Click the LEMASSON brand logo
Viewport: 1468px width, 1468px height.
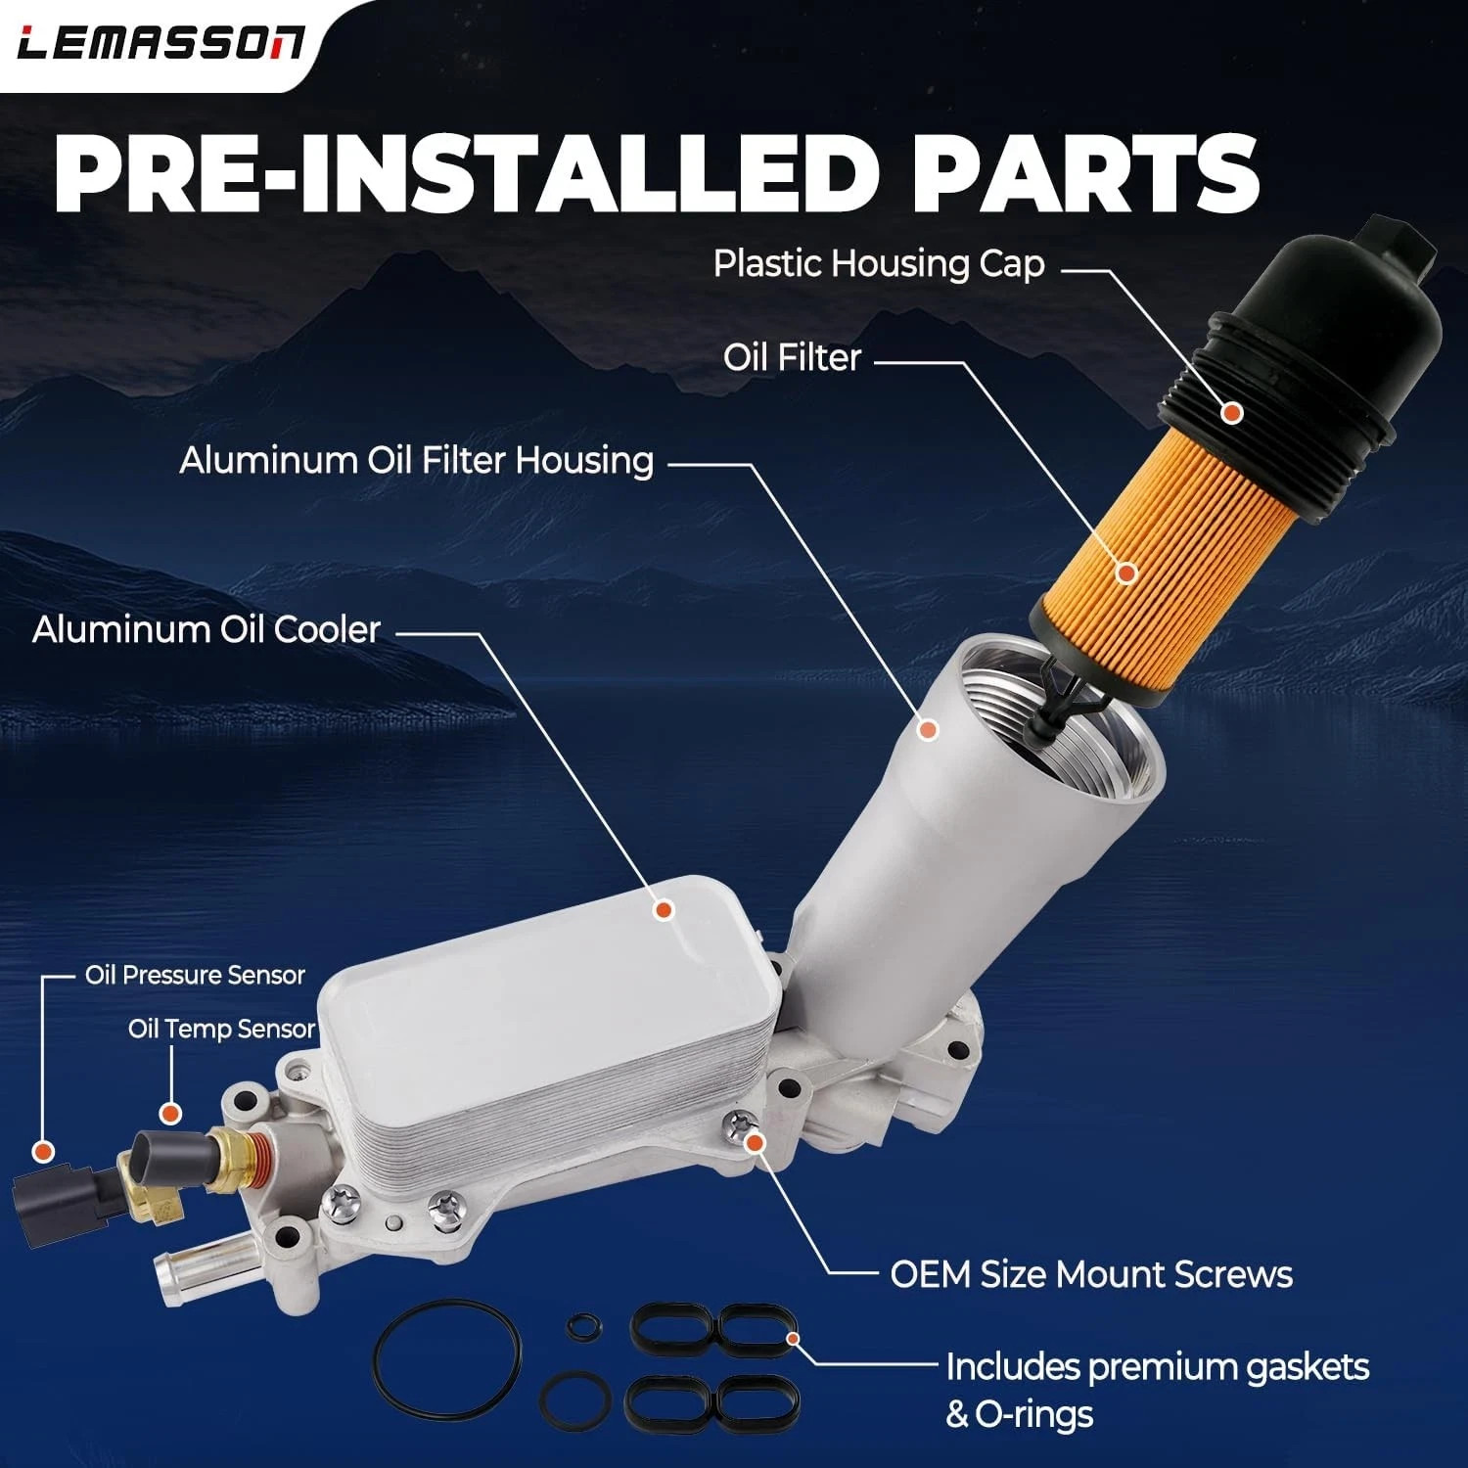[x=161, y=43]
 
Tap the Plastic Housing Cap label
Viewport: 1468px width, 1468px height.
[x=879, y=264]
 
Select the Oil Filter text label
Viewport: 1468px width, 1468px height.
[x=792, y=357]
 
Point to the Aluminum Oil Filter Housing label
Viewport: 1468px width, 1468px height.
[x=417, y=460]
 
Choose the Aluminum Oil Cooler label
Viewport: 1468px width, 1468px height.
[x=206, y=629]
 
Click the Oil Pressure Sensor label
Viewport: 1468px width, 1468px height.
[x=195, y=975]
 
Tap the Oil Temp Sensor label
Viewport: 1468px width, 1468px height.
[x=221, y=1029]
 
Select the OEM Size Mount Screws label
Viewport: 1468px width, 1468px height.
[x=1091, y=1274]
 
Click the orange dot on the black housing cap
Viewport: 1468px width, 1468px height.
[x=1232, y=413]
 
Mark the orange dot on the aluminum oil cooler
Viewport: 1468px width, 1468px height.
[x=665, y=910]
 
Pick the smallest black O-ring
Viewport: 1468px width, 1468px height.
[x=579, y=1325]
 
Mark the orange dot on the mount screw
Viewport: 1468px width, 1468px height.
[x=754, y=1142]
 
